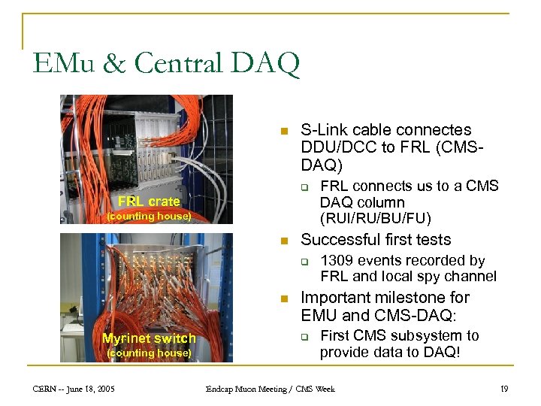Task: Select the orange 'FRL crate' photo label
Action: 149,201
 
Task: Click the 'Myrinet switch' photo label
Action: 149,338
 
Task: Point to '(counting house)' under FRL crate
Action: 149,216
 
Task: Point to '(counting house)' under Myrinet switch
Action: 149,353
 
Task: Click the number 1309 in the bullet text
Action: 338,260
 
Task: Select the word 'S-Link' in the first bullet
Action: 323,130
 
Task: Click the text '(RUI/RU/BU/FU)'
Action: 376,219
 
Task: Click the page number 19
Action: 503,389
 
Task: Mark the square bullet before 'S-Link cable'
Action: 283,132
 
